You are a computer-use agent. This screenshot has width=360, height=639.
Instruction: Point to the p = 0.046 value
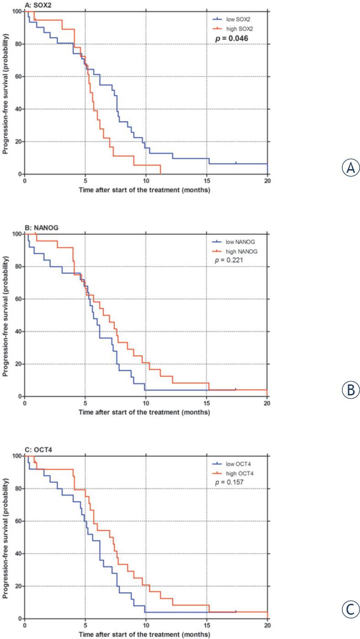(232, 39)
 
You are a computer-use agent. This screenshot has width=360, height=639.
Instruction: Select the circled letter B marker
(351, 389)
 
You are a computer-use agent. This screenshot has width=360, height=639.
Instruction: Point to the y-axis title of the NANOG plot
(5, 315)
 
